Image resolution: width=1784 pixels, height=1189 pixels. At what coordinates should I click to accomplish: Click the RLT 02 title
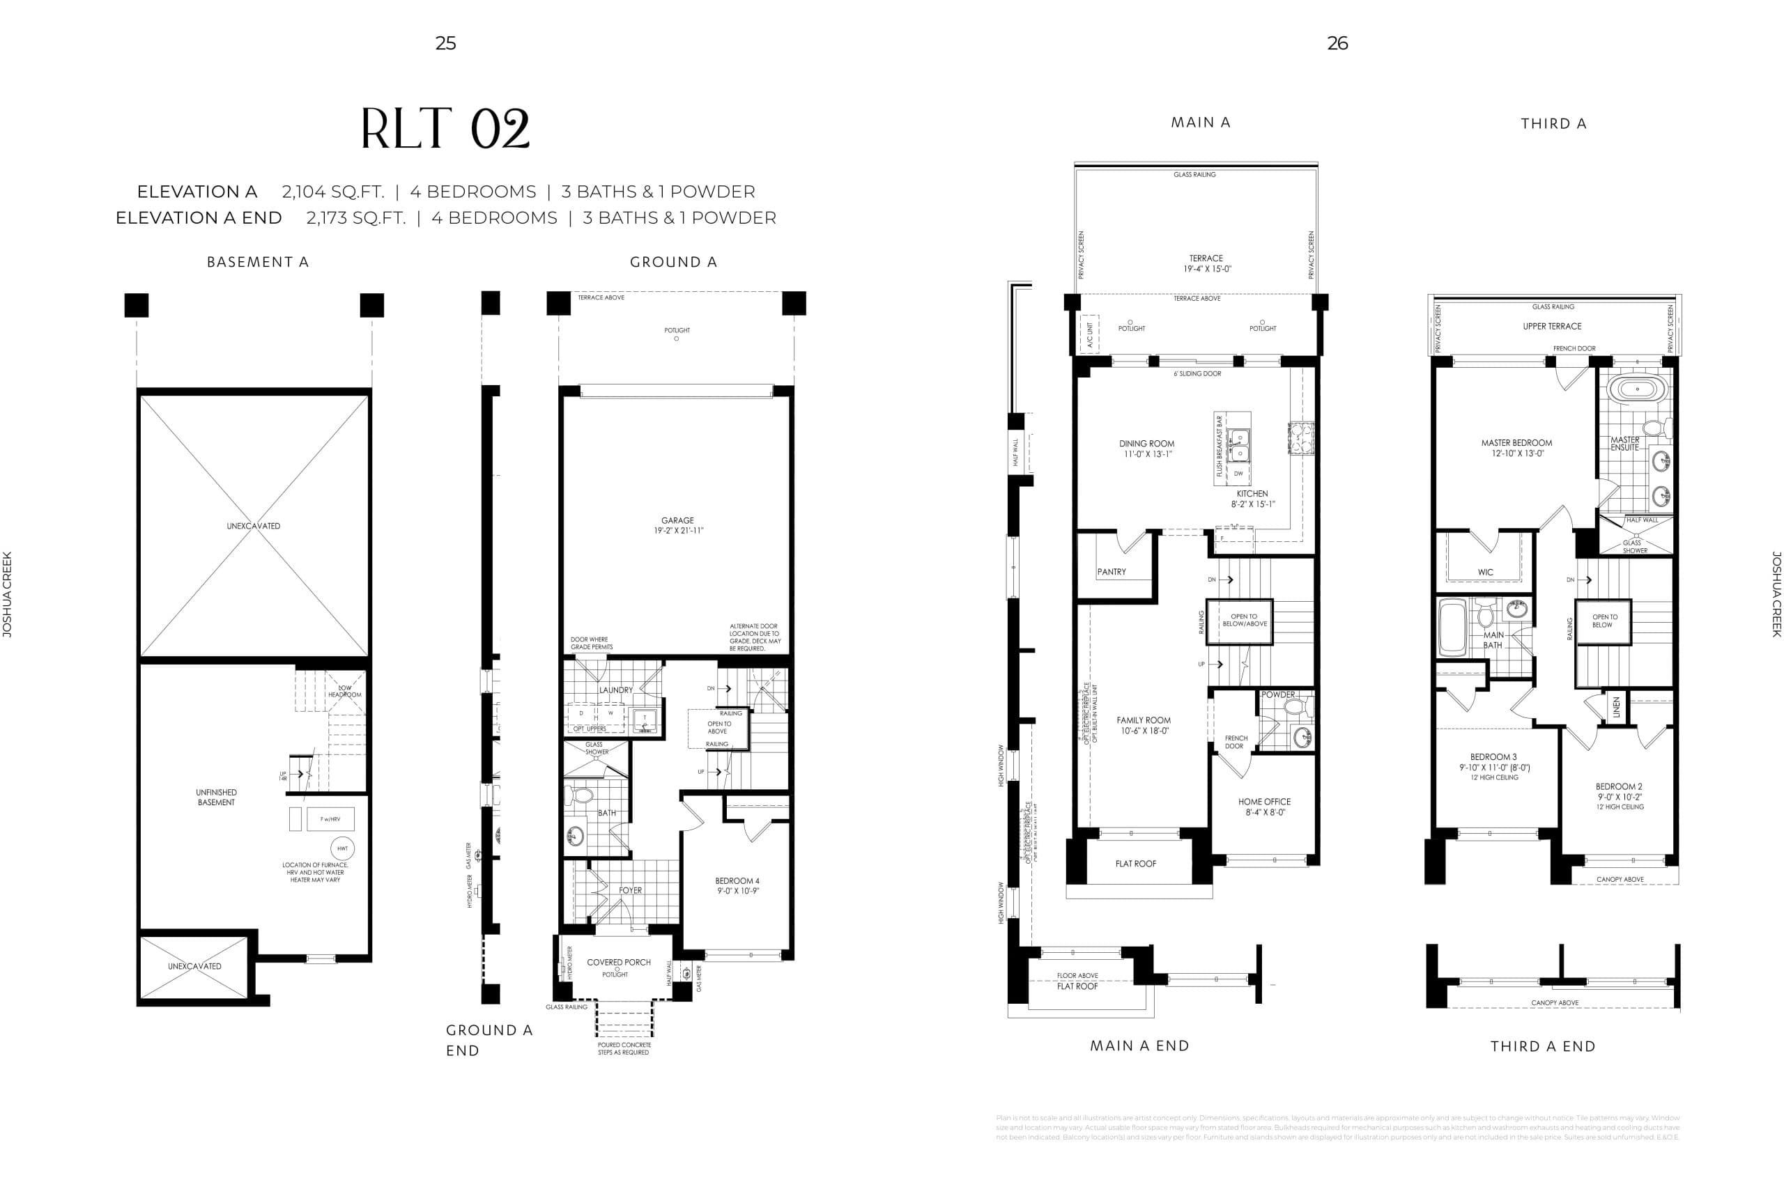445,129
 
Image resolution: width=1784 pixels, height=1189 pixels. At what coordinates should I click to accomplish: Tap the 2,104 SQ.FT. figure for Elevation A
333,192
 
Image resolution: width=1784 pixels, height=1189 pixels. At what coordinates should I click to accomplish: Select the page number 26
1337,43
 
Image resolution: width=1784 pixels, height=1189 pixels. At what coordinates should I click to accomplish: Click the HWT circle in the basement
343,848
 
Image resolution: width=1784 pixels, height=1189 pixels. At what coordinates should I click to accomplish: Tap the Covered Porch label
618,962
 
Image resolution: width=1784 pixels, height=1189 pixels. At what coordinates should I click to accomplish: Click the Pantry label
1112,572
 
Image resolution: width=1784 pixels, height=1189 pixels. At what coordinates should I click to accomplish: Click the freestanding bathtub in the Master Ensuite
1637,391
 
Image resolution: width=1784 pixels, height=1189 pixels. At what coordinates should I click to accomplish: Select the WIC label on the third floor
1485,573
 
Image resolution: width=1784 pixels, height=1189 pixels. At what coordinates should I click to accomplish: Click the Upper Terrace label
1552,326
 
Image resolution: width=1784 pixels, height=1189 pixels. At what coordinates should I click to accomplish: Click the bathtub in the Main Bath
1452,628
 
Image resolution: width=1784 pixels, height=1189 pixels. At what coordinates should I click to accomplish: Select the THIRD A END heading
1543,1046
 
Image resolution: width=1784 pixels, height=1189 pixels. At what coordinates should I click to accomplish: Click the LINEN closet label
1616,707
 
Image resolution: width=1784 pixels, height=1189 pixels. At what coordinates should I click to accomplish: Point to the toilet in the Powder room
1294,708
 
